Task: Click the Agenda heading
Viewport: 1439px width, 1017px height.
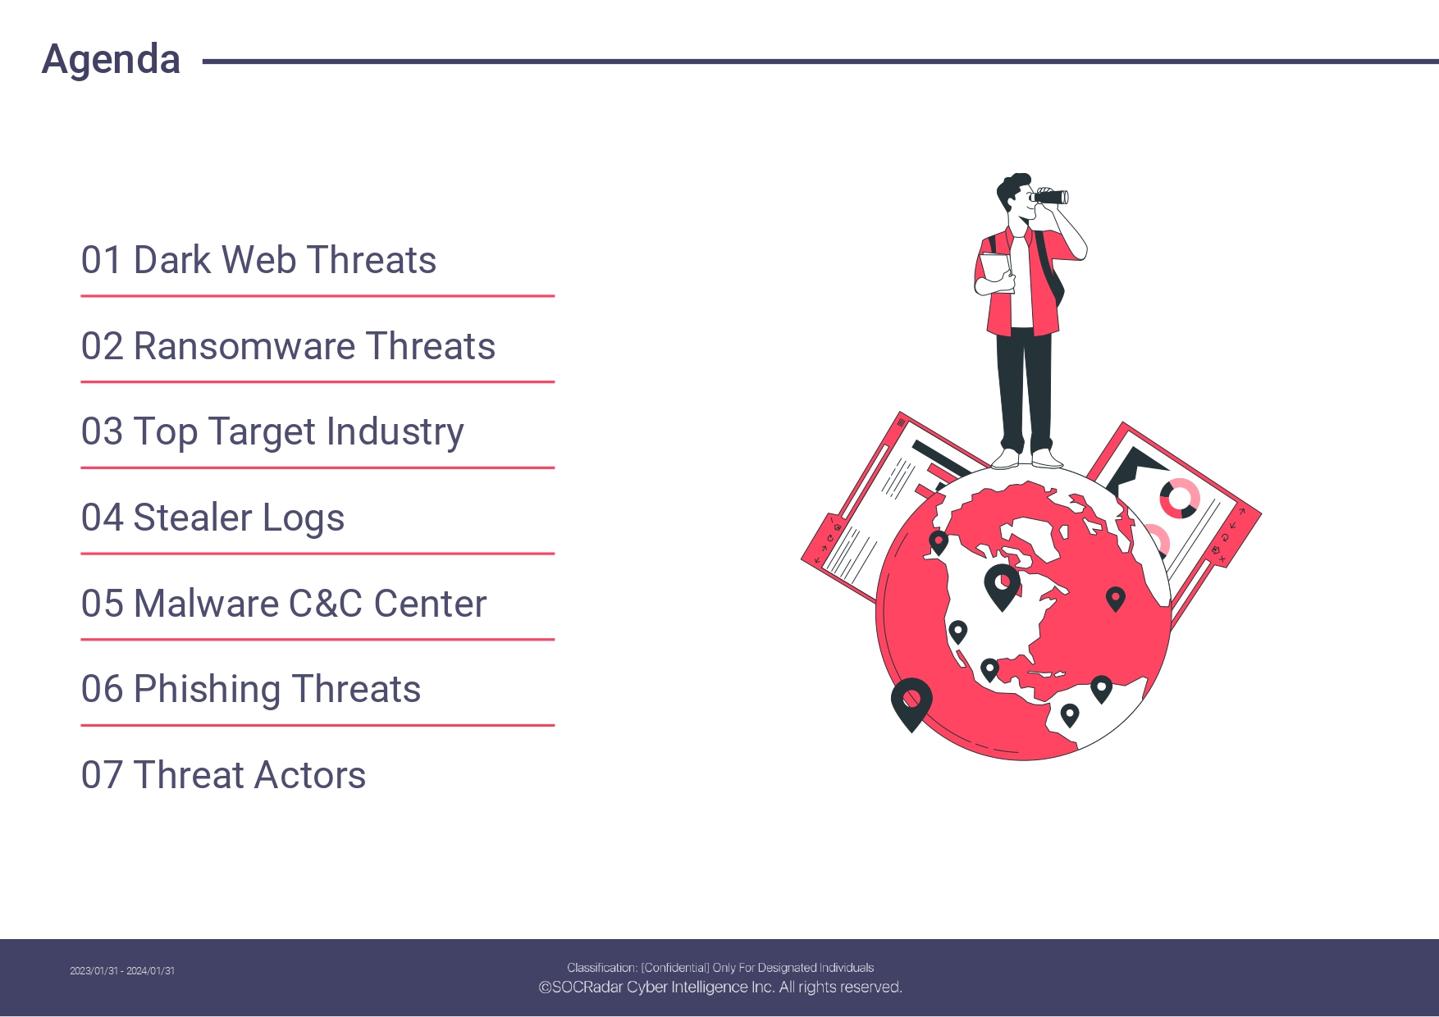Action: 111,60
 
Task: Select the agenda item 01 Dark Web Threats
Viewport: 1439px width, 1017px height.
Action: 258,260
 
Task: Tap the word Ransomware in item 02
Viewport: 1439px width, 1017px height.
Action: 244,346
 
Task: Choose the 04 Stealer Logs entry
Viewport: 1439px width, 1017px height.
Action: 212,518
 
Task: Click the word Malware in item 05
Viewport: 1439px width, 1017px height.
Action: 206,604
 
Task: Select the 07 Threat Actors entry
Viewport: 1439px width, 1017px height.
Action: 223,775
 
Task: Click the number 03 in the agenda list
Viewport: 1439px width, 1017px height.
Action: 102,432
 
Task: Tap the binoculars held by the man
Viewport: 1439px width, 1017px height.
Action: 1049,197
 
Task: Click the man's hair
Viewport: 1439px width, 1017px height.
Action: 1012,189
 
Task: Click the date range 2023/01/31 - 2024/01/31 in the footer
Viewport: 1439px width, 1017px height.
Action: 122,971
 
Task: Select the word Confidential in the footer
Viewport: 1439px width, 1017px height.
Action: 675,968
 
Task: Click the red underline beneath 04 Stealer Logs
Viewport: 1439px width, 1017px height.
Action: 317,554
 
